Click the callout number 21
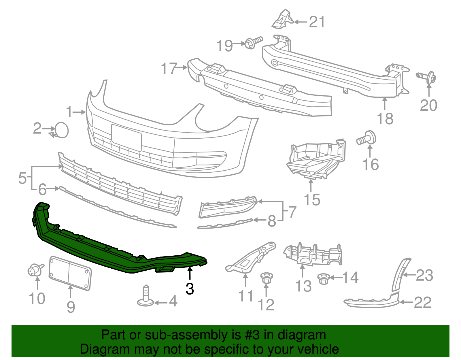coord(317,22)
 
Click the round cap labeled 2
coord(61,130)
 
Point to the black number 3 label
coord(190,289)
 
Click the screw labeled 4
coord(146,297)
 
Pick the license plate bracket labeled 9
coord(70,272)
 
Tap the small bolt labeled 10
coord(34,270)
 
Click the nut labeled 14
coord(323,279)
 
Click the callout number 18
coord(385,118)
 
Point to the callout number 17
coord(169,69)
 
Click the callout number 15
coord(312,199)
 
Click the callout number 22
coord(423,302)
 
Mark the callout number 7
coord(292,212)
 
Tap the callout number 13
coord(303,286)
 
